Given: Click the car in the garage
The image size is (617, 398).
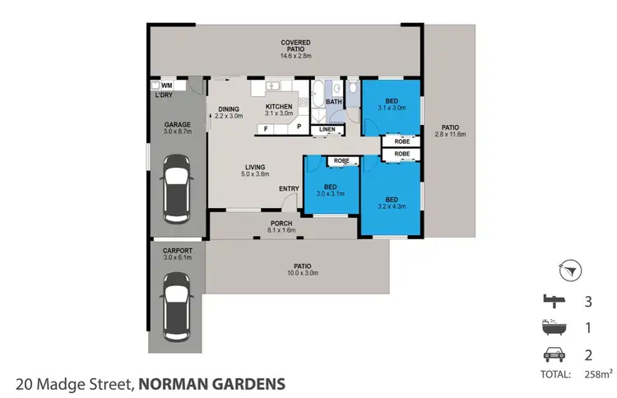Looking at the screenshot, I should point(177,190).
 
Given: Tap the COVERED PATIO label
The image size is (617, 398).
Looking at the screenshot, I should point(294,46).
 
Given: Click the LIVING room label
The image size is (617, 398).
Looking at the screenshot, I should point(254,170).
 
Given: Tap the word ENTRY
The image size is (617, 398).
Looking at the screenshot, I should point(289,189).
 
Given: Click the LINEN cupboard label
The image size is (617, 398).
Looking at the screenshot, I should point(327,129).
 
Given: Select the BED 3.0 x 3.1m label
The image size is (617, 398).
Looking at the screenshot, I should point(331,188).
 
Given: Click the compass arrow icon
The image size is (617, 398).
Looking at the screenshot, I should point(574,268).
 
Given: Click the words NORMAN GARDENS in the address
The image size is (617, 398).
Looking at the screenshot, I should point(212,383).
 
